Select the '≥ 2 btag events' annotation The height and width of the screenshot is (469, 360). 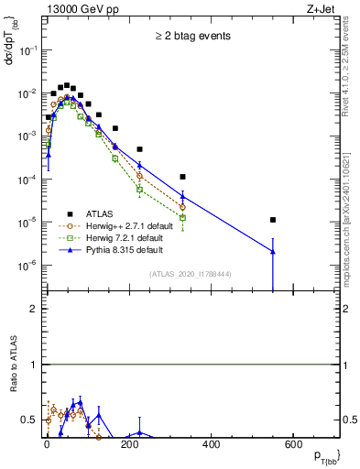tap(192, 37)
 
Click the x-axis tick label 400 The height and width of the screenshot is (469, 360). tap(211, 444)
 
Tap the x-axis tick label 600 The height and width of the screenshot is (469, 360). tap(293, 444)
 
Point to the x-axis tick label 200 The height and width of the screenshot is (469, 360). tap(129, 444)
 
